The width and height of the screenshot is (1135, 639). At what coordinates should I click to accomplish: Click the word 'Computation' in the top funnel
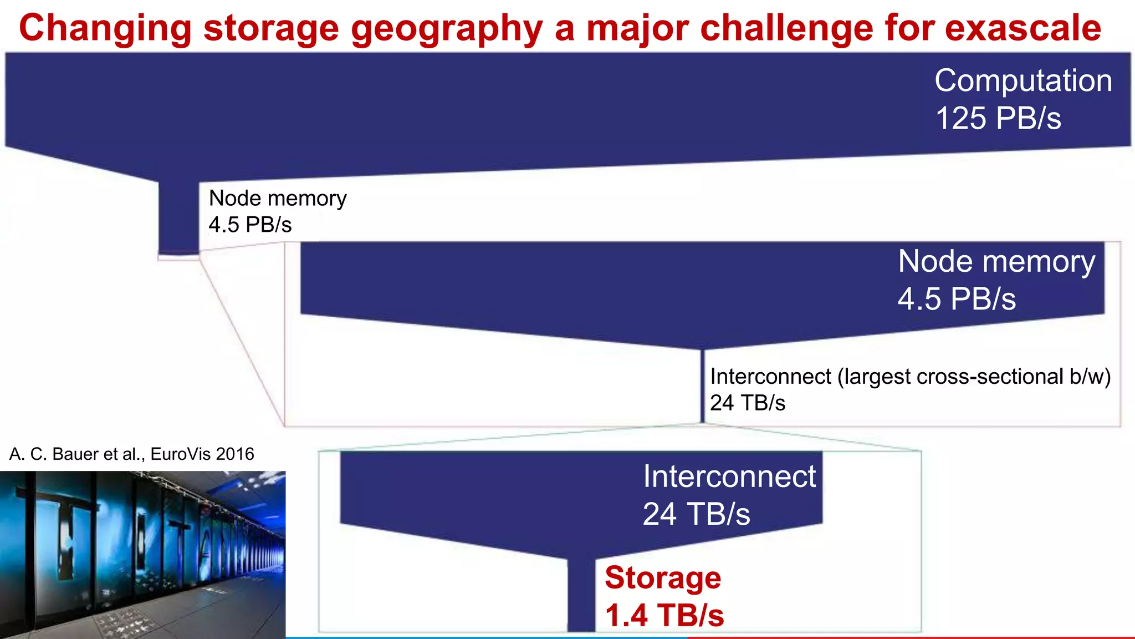(x=1023, y=81)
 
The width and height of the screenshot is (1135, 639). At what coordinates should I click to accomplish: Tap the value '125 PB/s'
(x=998, y=119)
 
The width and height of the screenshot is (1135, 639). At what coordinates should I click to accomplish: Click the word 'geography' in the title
(x=447, y=29)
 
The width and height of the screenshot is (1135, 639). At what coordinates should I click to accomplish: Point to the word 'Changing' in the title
(x=105, y=29)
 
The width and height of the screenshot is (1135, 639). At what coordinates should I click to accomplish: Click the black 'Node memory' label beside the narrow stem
(x=278, y=199)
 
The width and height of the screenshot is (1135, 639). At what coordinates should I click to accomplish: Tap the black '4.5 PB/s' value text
(x=250, y=225)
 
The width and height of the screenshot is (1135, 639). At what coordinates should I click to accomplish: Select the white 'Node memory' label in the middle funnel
(x=996, y=261)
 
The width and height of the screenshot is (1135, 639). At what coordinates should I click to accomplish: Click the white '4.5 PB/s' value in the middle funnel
(x=957, y=299)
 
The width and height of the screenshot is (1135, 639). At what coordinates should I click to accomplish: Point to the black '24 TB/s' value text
(x=748, y=403)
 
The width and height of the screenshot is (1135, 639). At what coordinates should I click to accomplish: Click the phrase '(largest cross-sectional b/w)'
(x=974, y=377)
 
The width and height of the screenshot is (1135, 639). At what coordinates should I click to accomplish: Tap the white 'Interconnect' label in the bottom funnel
(x=729, y=476)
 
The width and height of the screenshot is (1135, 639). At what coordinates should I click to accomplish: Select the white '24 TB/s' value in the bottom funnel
(x=696, y=514)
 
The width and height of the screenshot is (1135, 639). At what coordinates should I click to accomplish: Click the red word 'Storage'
(x=663, y=578)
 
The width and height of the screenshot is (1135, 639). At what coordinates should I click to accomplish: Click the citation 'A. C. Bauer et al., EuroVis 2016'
(x=132, y=454)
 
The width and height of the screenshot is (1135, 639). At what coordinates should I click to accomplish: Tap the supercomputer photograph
(x=142, y=555)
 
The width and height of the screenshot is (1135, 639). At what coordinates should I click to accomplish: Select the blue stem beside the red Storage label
(x=581, y=596)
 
